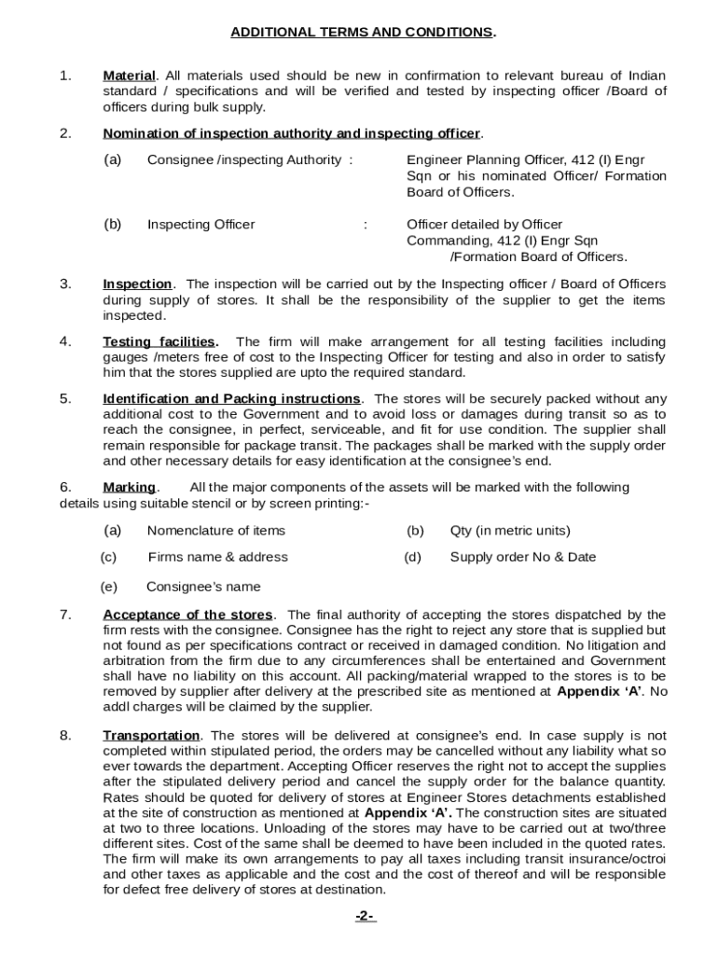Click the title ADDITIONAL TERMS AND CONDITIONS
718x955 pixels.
tap(364, 33)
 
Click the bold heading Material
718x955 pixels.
tap(129, 76)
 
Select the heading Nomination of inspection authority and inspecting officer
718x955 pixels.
tap(292, 133)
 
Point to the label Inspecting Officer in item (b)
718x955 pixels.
tap(200, 225)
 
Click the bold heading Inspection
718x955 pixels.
tap(137, 284)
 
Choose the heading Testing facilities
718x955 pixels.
tap(159, 342)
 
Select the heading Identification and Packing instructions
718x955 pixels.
tap(231, 400)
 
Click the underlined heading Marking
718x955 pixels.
tap(129, 488)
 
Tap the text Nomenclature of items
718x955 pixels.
tap(216, 532)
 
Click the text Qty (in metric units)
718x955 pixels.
tap(509, 532)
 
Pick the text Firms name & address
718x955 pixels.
tap(217, 558)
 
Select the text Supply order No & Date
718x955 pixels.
tap(522, 558)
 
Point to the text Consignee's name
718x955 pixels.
tap(203, 588)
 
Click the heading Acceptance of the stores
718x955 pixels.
tap(187, 616)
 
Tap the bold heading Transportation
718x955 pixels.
tap(151, 736)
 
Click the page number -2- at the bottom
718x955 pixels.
tap(365, 917)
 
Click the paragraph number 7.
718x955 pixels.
tap(64, 616)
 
